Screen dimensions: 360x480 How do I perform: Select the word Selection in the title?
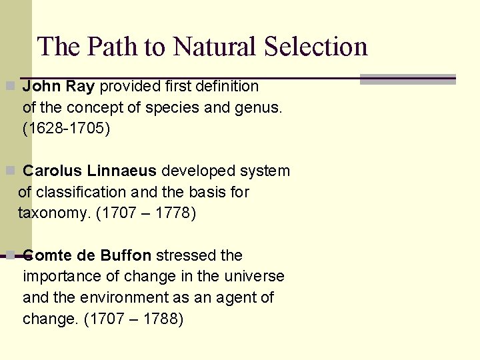pyautogui.click(x=316, y=47)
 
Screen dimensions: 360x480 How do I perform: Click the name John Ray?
pyautogui.click(x=59, y=86)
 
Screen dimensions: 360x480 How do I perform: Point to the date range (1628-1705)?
pyautogui.click(x=66, y=129)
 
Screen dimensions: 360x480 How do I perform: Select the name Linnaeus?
pyautogui.click(x=119, y=171)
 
